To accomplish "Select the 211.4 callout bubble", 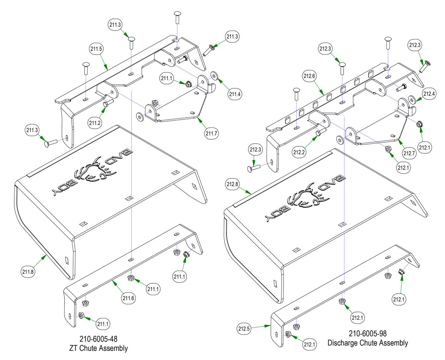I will [x=235, y=94].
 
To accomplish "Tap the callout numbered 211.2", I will [x=95, y=122].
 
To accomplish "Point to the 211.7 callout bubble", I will [x=211, y=133].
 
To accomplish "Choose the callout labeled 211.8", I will [x=28, y=272].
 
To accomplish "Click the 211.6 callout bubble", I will [x=128, y=298].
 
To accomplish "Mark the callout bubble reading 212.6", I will [x=309, y=76].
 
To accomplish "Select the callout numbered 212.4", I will [x=429, y=93].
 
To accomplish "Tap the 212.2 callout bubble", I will [x=299, y=152].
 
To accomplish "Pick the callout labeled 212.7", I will [x=409, y=153].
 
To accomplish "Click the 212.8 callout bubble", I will [x=233, y=184].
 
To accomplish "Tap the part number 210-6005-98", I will [x=368, y=334].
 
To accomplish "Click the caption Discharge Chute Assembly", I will [x=368, y=343].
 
